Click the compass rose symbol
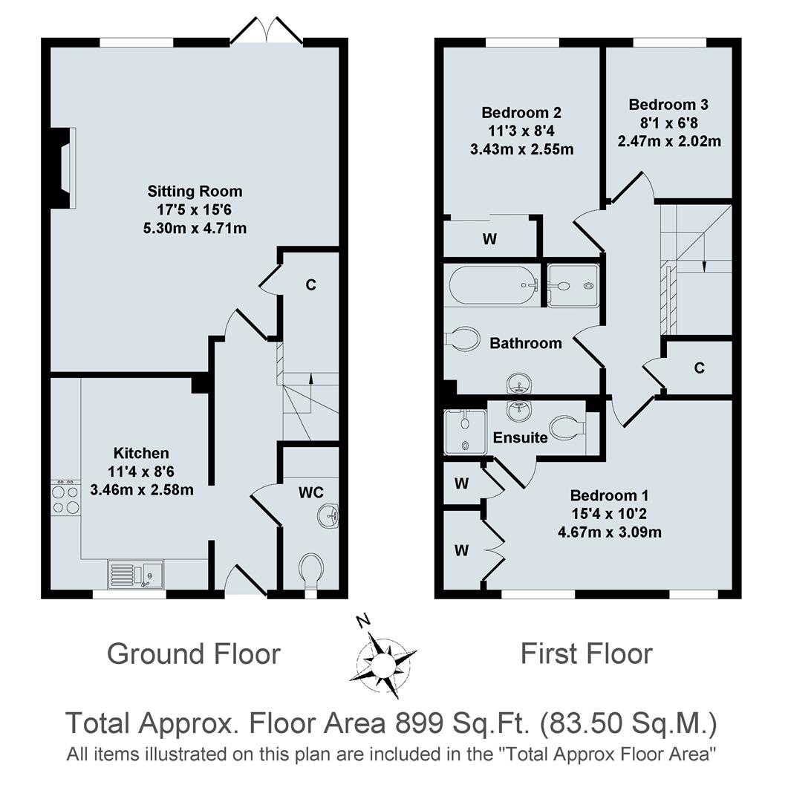[x=382, y=656]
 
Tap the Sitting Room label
[x=195, y=192]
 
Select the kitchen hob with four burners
[x=65, y=498]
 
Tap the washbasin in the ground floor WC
[x=329, y=515]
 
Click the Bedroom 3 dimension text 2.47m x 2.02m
[x=669, y=140]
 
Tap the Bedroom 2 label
[x=521, y=114]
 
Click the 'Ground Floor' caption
[x=194, y=654]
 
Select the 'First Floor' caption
[x=586, y=654]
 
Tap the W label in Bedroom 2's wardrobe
[x=489, y=239]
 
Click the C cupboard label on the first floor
[x=699, y=368]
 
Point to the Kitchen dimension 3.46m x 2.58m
[x=142, y=489]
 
